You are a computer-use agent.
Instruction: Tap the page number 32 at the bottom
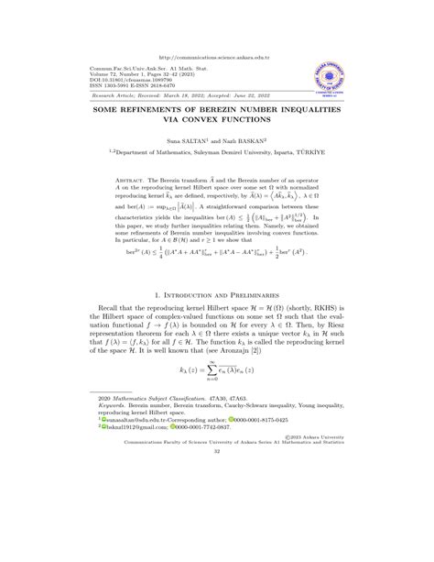coord(217,530)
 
